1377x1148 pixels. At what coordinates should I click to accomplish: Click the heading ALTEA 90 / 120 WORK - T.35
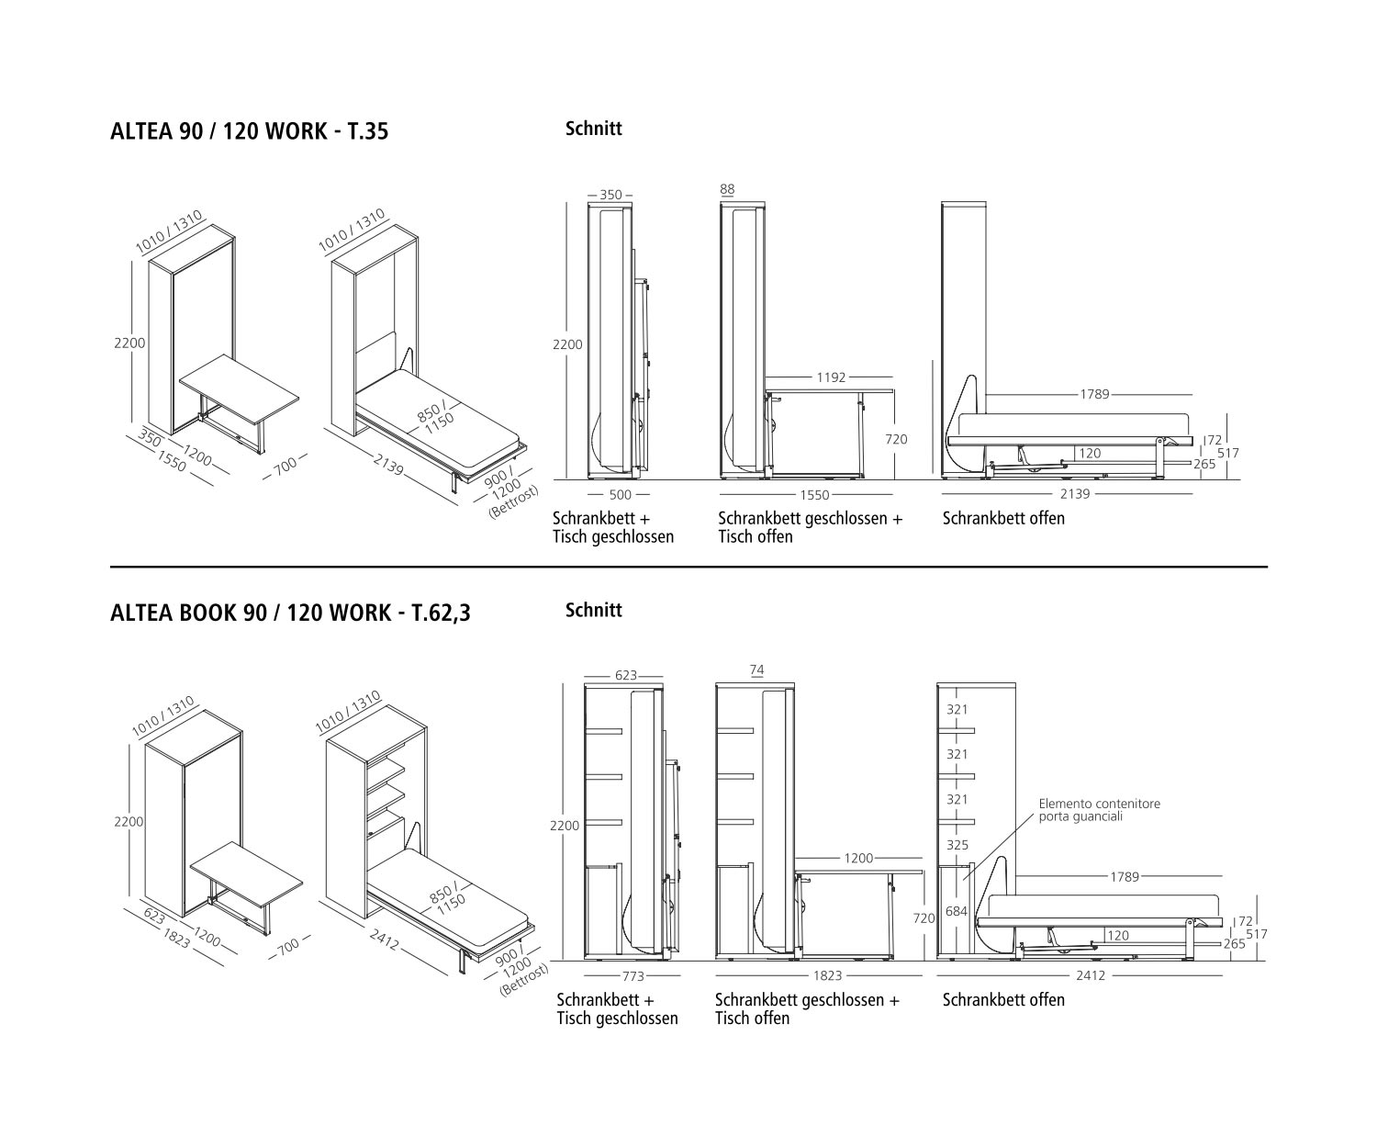[x=250, y=131]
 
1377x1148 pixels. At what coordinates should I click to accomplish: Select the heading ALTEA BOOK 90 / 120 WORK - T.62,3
[x=290, y=613]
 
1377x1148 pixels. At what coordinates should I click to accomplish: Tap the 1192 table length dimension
[x=831, y=377]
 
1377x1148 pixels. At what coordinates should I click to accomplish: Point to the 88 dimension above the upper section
[x=727, y=189]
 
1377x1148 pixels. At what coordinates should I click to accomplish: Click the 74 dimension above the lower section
[x=756, y=670]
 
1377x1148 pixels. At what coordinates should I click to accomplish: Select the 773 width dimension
[x=633, y=975]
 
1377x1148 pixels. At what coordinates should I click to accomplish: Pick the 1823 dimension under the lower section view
[x=827, y=975]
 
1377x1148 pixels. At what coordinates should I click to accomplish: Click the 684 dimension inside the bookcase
[x=957, y=911]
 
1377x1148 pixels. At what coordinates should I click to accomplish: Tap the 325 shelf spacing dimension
[x=957, y=845]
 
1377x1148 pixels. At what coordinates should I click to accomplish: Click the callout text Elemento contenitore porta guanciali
[x=1100, y=810]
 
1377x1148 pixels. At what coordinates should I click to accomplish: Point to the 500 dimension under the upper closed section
[x=620, y=494]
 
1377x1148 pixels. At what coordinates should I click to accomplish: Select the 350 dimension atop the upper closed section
[x=610, y=195]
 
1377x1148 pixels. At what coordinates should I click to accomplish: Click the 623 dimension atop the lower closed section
[x=626, y=675]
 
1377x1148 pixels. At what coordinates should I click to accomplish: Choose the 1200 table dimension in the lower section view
[x=858, y=859]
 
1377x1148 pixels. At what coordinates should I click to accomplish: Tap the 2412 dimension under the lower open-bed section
[x=1091, y=975]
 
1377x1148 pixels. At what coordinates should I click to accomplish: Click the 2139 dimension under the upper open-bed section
[x=1075, y=493]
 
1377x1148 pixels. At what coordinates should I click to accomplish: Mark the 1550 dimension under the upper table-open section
[x=814, y=495]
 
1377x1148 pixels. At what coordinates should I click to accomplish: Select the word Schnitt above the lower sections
[x=594, y=610]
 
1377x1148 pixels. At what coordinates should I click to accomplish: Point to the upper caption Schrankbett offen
[x=1003, y=519]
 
